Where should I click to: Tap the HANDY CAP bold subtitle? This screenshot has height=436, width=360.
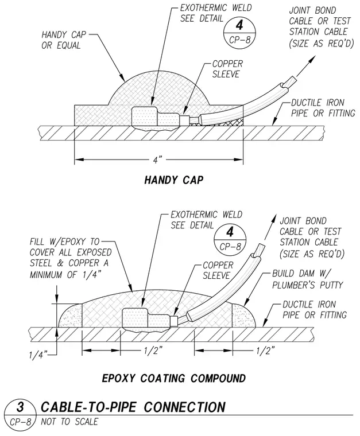pos(174,180)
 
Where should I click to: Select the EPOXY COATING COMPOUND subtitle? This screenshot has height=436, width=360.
pos(174,379)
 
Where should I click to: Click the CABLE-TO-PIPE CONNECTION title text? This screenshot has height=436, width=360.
pos(133,407)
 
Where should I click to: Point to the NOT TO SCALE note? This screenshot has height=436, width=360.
pos(69,422)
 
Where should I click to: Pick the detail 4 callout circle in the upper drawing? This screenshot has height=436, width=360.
pos(239,33)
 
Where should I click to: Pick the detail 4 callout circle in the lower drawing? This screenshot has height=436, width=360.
pos(230,240)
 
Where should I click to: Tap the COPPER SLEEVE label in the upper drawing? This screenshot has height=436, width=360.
pos(227,69)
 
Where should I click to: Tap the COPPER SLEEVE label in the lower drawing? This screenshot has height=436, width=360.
pos(218,270)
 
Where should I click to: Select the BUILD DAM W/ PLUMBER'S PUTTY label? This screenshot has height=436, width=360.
pos(307,279)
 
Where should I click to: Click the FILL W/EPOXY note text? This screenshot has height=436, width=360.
pos(71,258)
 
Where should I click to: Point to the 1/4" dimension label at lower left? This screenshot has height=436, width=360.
pos(38,355)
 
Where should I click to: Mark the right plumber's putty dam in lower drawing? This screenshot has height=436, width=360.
pos(243,316)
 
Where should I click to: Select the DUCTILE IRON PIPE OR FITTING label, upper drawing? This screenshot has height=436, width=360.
pos(323,108)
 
